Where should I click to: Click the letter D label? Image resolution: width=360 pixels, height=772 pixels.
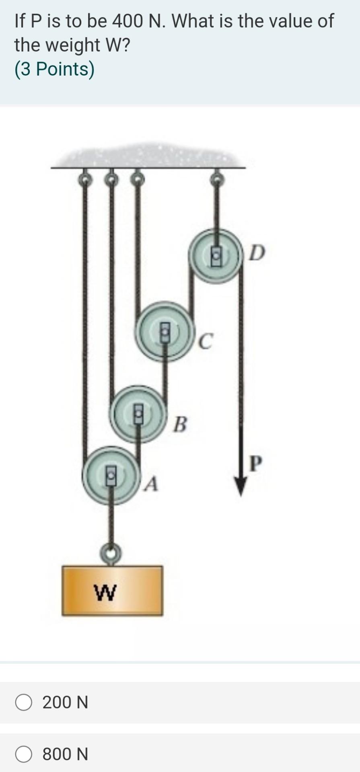tap(257, 253)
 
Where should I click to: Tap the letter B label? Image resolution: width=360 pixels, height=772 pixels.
tap(180, 424)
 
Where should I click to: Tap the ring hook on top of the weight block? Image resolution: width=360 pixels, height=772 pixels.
tap(111, 554)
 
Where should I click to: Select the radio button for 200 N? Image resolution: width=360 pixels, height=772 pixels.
tap(24, 702)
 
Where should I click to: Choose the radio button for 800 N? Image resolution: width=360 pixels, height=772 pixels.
tap(24, 754)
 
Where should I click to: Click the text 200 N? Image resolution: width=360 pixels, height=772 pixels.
tap(65, 702)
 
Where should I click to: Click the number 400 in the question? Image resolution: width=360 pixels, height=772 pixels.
tap(127, 21)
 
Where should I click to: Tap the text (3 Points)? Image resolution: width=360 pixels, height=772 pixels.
tap(54, 69)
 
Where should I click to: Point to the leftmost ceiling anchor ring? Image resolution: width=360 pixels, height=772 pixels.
tap(84, 180)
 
